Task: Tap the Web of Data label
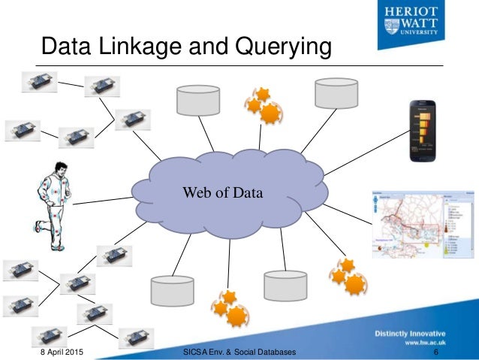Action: click(x=223, y=194)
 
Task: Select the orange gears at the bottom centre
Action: click(x=229, y=305)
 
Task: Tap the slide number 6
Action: click(x=436, y=352)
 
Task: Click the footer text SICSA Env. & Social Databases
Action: click(x=239, y=352)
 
